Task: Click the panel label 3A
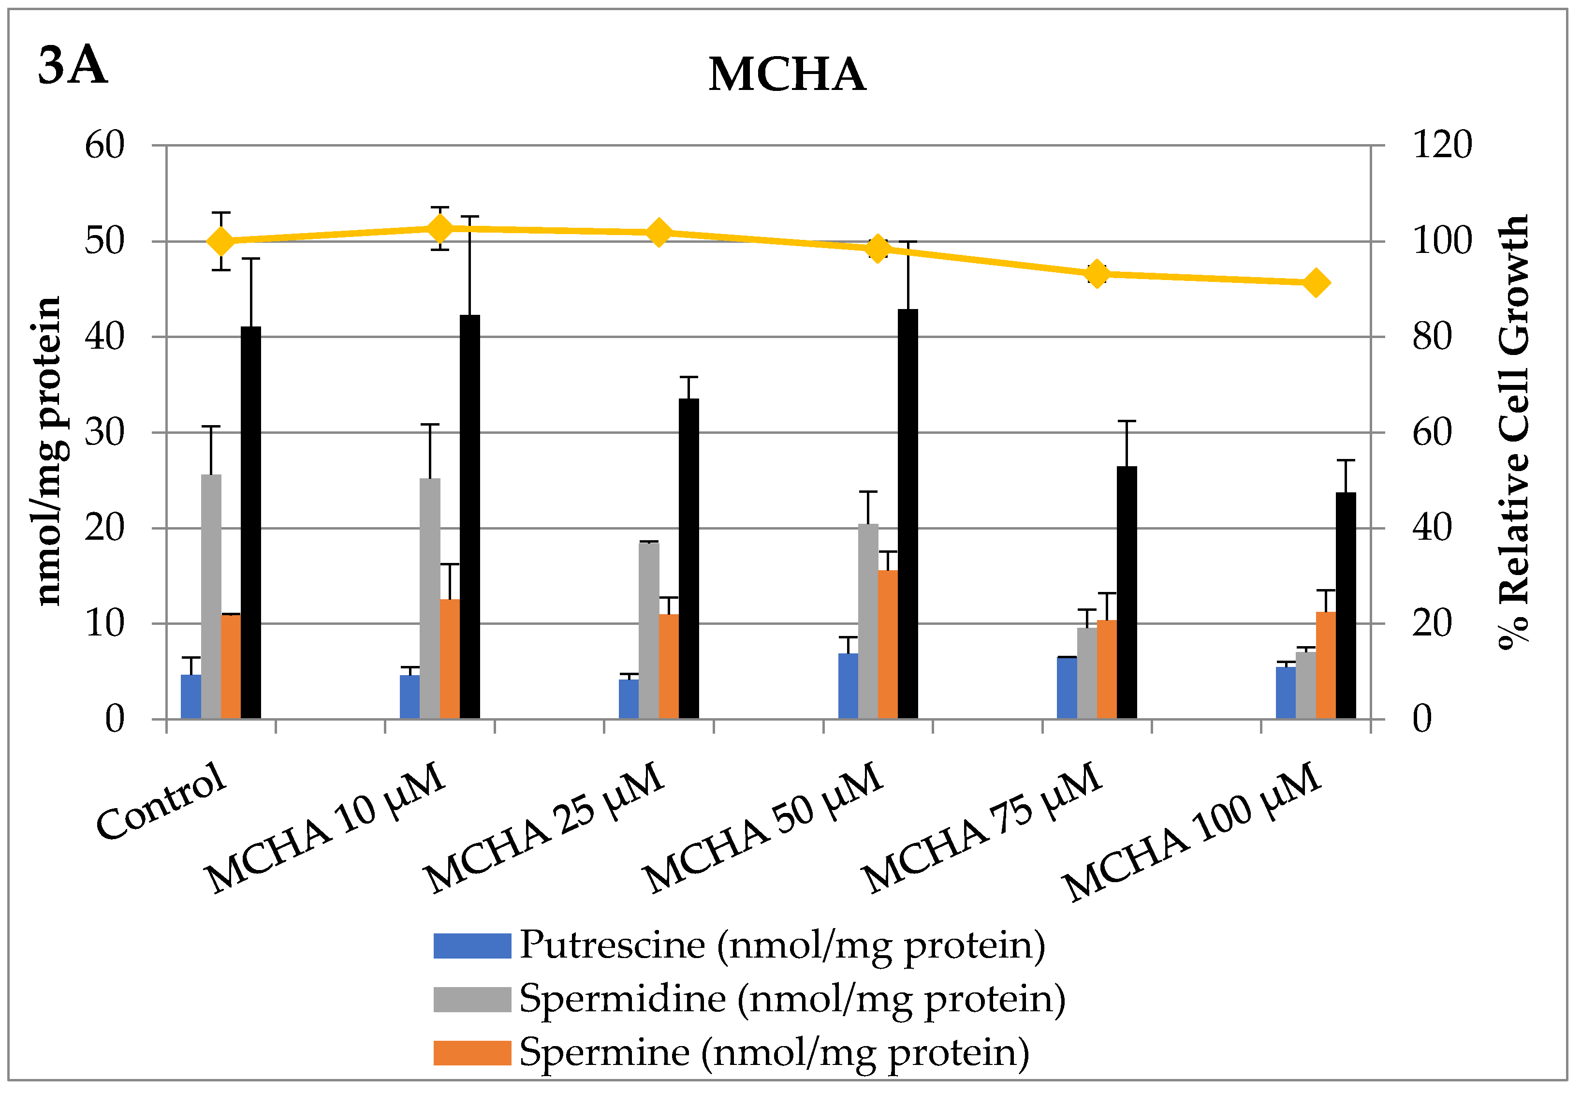tap(73, 66)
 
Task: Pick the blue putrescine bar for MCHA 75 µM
tap(1067, 688)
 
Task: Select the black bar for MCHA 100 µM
tap(1346, 606)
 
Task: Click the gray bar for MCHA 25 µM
tap(648, 630)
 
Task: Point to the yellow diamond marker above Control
tap(220, 241)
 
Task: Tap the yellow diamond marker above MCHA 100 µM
tap(1316, 283)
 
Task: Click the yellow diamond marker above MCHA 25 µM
tap(659, 233)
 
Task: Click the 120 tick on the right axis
tap(1442, 145)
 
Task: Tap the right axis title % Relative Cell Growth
tap(1513, 431)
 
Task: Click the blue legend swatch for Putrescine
tap(472, 946)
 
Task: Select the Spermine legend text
tap(774, 1052)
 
